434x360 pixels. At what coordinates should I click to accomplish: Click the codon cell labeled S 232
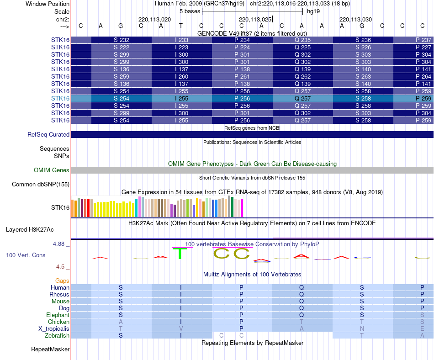click(122, 40)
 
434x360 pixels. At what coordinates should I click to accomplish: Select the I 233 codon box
click(182, 40)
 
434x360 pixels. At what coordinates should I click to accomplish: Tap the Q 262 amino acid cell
click(302, 77)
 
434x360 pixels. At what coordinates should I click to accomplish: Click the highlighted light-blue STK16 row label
click(60, 99)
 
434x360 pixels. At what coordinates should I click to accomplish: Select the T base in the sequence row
click(181, 26)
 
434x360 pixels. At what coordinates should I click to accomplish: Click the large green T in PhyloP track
click(181, 253)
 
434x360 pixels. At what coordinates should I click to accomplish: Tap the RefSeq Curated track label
click(48, 135)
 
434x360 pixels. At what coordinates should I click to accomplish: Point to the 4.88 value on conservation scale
click(60, 244)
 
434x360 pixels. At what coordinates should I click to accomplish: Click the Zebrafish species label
click(57, 336)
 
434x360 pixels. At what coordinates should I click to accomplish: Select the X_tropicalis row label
click(54, 329)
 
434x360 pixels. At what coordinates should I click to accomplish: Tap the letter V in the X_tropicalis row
click(181, 329)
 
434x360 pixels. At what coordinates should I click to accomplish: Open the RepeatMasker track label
click(50, 349)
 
